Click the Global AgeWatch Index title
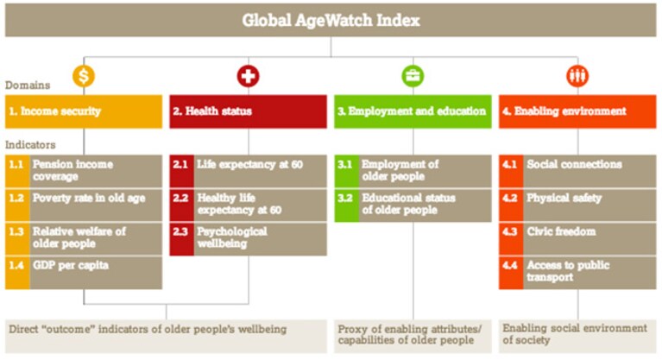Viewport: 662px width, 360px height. (331, 20)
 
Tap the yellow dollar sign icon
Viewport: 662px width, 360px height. (84, 76)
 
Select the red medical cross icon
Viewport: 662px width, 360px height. (249, 76)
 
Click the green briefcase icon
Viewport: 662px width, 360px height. (413, 76)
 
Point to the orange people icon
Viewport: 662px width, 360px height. (577, 76)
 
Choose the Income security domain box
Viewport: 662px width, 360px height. (84, 111)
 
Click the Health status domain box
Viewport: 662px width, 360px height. (249, 111)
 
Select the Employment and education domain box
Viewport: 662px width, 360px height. (413, 111)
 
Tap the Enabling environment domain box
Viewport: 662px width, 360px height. (577, 111)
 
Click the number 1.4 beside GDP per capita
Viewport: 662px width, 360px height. (16, 265)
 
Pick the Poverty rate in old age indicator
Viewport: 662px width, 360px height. (96, 205)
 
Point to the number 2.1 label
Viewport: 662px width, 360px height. (180, 164)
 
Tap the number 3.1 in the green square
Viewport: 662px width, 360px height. (345, 164)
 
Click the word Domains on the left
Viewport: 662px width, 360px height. (28, 85)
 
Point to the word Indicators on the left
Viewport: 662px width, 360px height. (30, 145)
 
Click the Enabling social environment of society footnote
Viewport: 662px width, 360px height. (575, 334)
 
